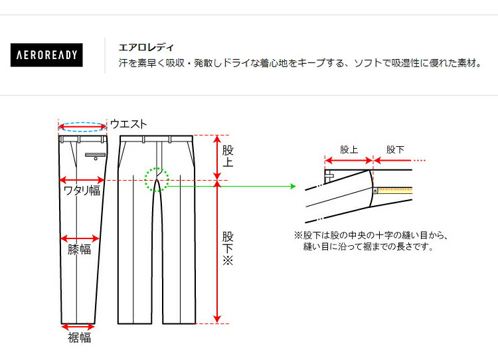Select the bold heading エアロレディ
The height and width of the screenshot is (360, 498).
146,47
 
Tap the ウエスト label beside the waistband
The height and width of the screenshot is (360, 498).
128,124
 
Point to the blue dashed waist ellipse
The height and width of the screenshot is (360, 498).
82,123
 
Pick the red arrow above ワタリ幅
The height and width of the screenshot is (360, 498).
82,179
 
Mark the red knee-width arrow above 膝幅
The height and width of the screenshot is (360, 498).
80,238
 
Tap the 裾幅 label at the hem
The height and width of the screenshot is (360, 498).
79,338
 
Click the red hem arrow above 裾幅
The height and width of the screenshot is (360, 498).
78,326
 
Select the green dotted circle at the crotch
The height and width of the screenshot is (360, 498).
157,179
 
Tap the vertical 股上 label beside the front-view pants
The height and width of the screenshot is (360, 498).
228,157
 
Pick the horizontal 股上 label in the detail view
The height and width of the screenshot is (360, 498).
349,150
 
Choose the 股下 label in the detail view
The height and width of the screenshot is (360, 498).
395,150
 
